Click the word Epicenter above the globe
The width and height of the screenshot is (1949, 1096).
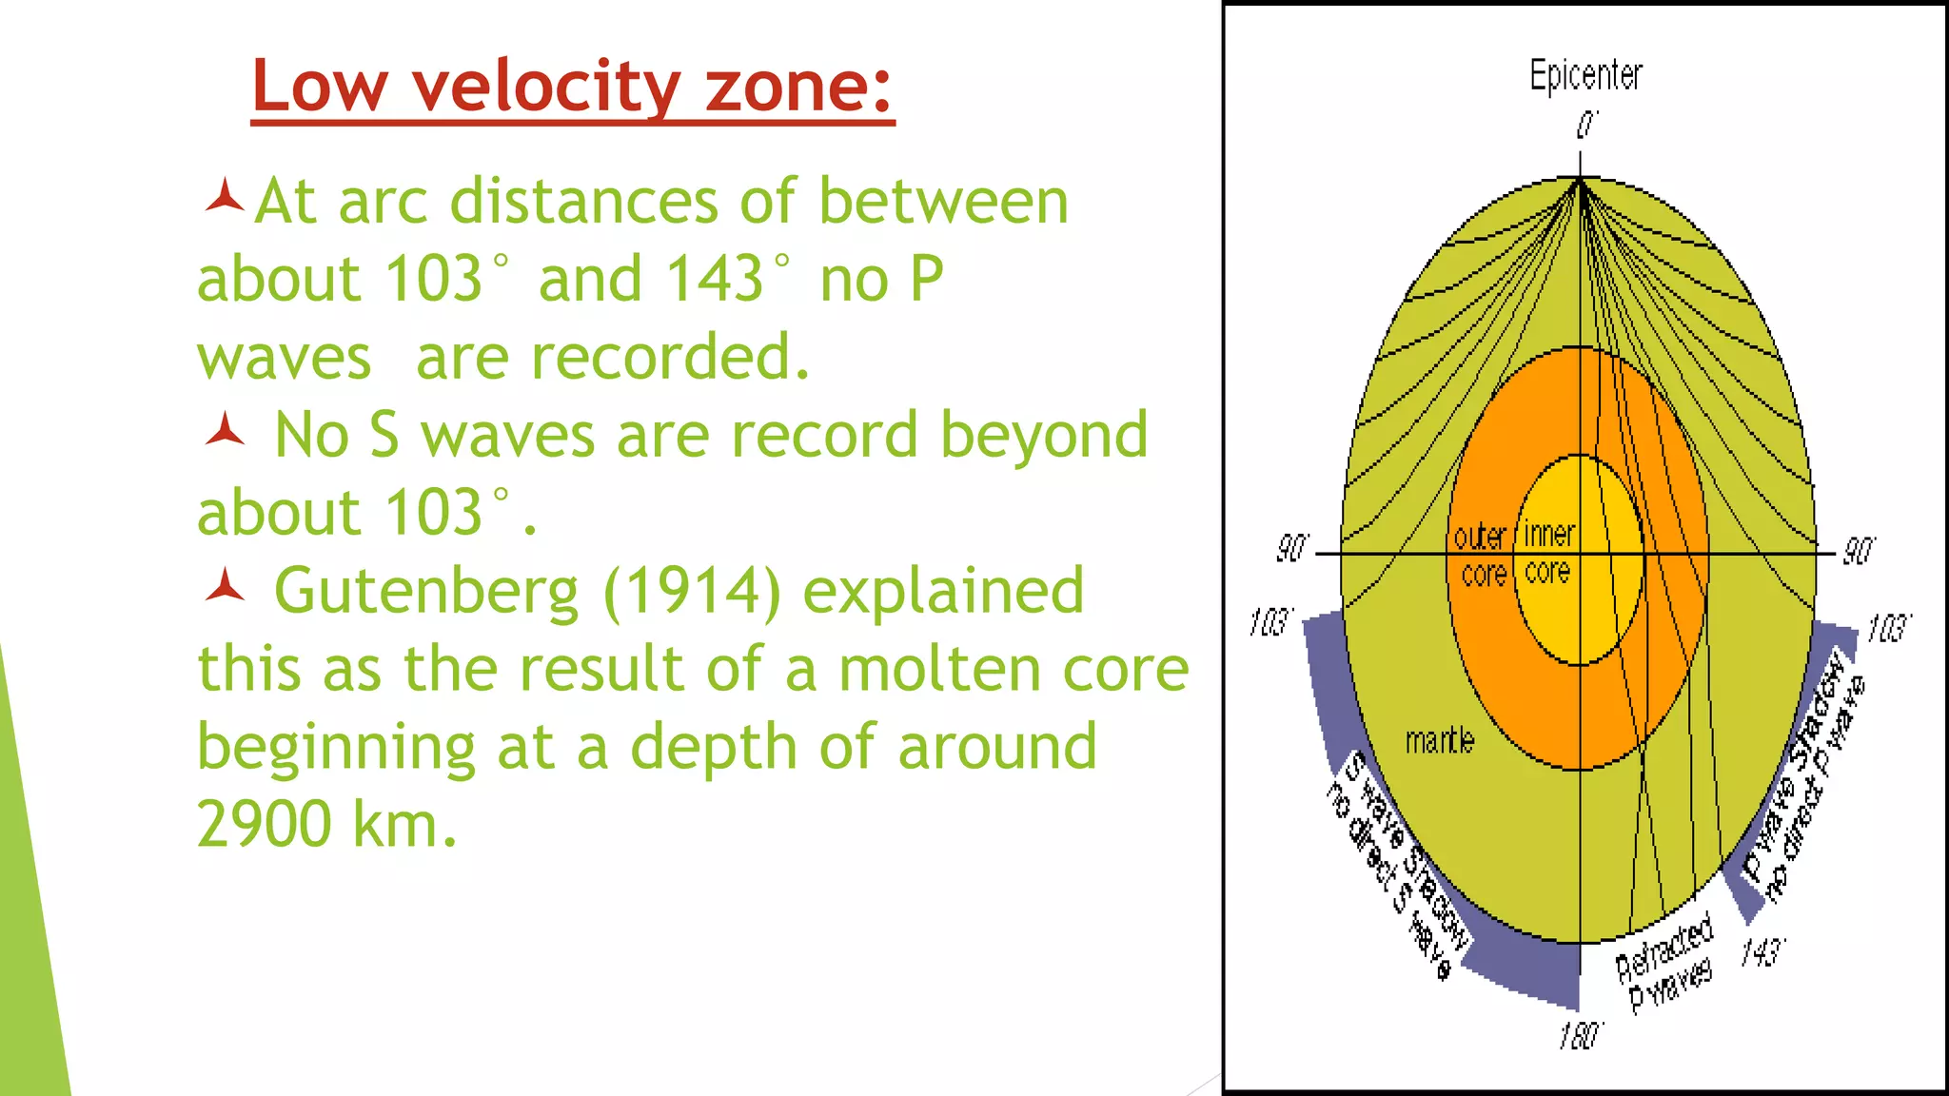click(x=1585, y=74)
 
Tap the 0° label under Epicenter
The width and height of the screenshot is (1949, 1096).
click(x=1586, y=125)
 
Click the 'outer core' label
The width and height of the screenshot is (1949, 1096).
click(x=1481, y=555)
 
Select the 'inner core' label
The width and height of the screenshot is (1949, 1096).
click(x=1548, y=553)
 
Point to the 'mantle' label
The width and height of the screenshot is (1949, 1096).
click(x=1439, y=740)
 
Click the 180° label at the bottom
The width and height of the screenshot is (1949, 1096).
click(x=1580, y=1036)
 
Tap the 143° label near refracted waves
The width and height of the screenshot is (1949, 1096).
click(x=1762, y=951)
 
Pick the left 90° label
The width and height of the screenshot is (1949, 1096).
click(x=1291, y=549)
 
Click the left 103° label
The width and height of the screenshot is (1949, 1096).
click(x=1270, y=623)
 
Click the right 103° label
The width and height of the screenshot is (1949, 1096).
click(x=1888, y=629)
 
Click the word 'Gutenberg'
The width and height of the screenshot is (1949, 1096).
click(x=426, y=591)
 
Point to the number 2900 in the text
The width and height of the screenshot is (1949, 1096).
click(x=264, y=823)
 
